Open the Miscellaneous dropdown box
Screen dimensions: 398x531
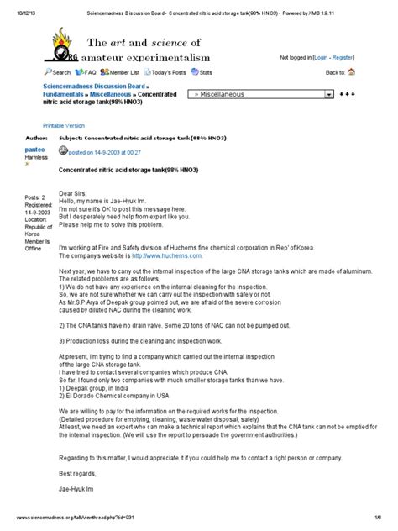click(260, 95)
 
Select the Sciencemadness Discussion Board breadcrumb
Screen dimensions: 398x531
click(94, 87)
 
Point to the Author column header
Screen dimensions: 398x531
click(36, 135)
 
